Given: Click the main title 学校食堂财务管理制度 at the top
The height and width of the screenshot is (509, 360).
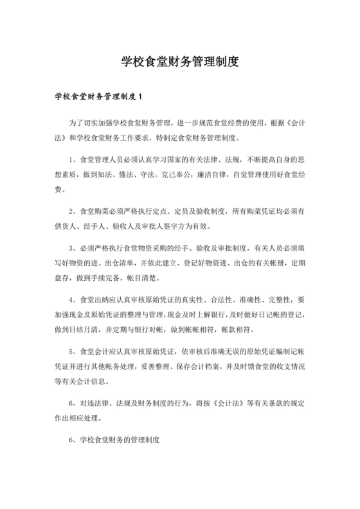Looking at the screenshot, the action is pyautogui.click(x=180, y=62).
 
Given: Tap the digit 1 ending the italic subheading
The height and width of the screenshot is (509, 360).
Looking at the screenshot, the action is pyautogui.click(x=139, y=97).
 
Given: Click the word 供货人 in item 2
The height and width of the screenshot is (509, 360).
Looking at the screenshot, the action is pyautogui.click(x=66, y=226).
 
